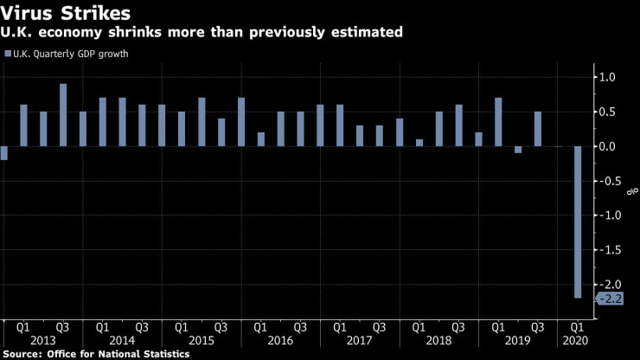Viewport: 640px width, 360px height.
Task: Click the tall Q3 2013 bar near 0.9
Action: click(x=63, y=115)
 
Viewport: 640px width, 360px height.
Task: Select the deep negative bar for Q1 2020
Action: click(x=577, y=222)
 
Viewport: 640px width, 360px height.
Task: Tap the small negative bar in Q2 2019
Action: click(x=518, y=150)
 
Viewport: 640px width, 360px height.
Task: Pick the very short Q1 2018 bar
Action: click(x=419, y=143)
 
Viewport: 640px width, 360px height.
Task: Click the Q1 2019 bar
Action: click(x=498, y=122)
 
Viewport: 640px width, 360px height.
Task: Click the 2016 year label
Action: click(x=280, y=341)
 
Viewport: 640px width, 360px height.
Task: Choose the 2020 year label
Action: click(x=576, y=341)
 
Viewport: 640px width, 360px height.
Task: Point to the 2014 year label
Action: click(x=122, y=341)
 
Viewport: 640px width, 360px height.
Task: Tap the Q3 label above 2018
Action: click(x=458, y=327)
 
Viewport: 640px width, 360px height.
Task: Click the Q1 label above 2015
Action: click(x=182, y=327)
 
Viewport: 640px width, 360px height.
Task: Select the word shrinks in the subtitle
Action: click(x=141, y=33)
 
